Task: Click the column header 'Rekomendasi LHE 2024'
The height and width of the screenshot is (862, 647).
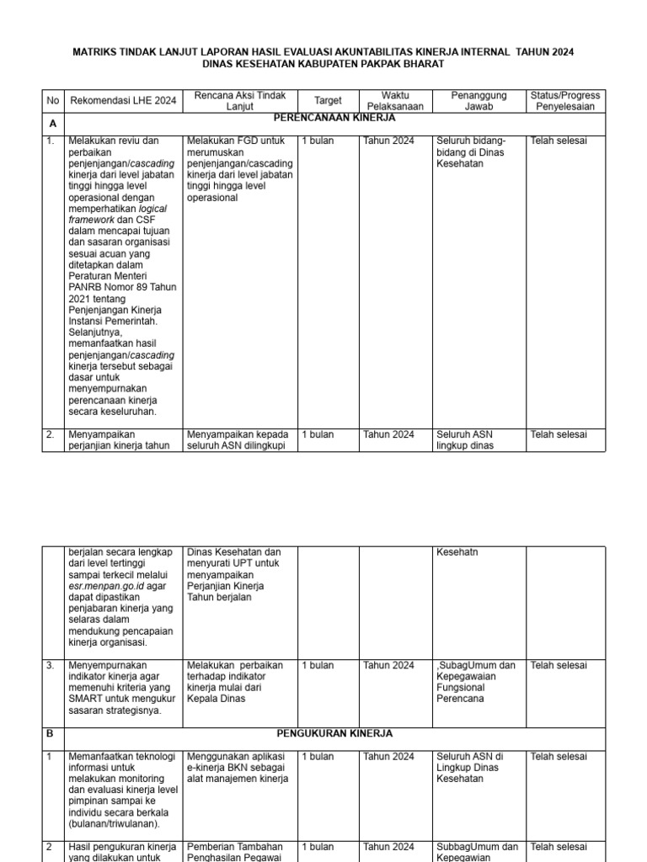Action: pos(112,100)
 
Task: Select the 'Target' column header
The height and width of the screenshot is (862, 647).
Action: pos(328,100)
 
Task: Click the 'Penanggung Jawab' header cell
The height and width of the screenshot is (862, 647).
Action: pos(479,100)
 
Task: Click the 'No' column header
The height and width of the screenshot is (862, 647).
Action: pos(53,100)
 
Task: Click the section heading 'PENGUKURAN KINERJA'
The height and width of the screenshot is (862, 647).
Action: pos(334,734)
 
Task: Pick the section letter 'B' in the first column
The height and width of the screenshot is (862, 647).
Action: pos(49,734)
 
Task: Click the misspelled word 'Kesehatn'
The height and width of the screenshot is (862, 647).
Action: pos(456,552)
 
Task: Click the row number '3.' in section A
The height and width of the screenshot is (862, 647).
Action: pos(50,665)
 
